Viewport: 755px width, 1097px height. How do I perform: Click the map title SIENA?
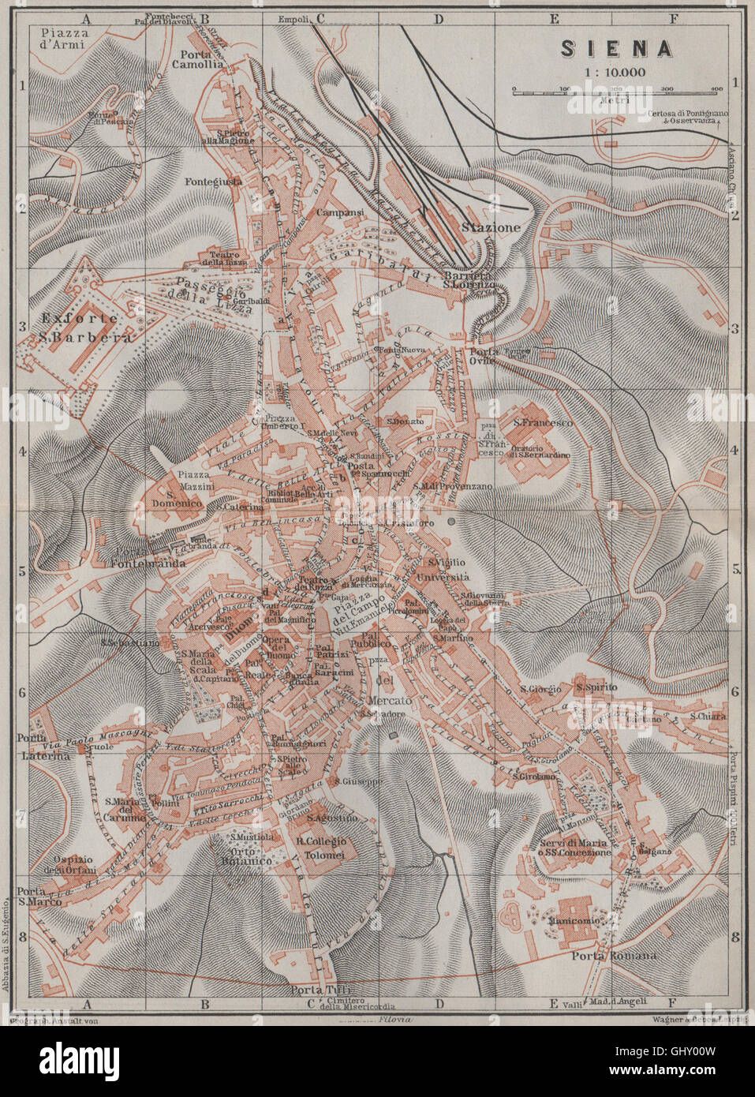tap(616, 48)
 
